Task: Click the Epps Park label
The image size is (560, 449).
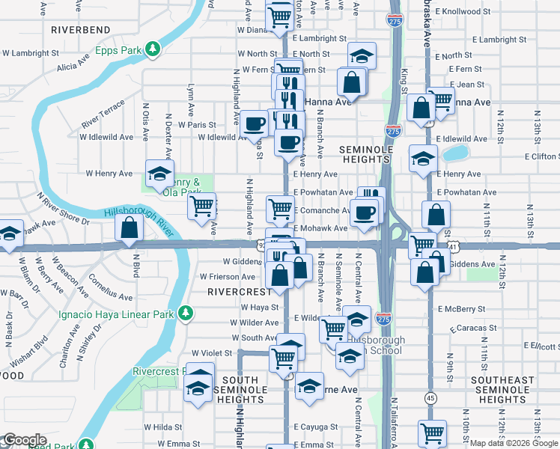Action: pyautogui.click(x=119, y=51)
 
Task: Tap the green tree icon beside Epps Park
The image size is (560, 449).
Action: pyautogui.click(x=153, y=49)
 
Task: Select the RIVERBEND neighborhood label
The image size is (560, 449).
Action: pyautogui.click(x=81, y=30)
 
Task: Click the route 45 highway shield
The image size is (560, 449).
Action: pyautogui.click(x=431, y=397)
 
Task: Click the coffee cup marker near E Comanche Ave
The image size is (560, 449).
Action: pyautogui.click(x=365, y=212)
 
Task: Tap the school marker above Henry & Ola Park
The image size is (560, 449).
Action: pyautogui.click(x=159, y=174)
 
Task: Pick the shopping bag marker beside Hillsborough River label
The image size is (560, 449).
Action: pyautogui.click(x=130, y=227)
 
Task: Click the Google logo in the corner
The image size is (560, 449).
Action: pyautogui.click(x=25, y=440)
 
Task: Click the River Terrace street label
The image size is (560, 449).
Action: pyautogui.click(x=103, y=112)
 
